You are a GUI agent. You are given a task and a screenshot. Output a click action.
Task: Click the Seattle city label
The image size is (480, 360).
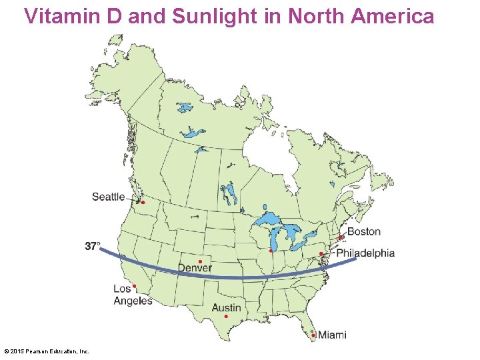[108, 197]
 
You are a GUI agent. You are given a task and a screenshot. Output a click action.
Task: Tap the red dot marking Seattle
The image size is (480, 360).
[143, 202]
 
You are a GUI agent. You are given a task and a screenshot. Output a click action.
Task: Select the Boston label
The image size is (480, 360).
[364, 232]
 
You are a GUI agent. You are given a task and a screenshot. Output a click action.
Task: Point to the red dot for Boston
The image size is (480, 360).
[340, 237]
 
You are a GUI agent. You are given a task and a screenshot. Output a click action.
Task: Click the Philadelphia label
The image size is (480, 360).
[365, 253]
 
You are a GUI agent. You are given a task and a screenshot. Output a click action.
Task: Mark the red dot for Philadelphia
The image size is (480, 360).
[321, 254]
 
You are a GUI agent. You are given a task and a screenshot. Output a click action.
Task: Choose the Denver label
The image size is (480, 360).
[195, 269]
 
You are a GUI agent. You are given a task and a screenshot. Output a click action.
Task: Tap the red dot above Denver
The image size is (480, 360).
[200, 261]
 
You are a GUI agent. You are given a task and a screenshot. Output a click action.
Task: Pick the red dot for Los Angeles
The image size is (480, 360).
[134, 286]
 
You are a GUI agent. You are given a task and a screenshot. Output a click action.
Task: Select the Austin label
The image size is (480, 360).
[227, 308]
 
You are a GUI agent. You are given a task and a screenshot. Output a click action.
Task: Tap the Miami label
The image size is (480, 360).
[332, 335]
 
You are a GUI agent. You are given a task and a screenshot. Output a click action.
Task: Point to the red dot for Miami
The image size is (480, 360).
[313, 335]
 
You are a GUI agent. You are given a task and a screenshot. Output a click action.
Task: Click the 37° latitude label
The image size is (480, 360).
[93, 246]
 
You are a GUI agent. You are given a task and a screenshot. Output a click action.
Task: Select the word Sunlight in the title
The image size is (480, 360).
[216, 16]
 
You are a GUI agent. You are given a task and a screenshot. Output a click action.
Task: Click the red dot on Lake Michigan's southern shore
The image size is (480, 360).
[271, 251]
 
